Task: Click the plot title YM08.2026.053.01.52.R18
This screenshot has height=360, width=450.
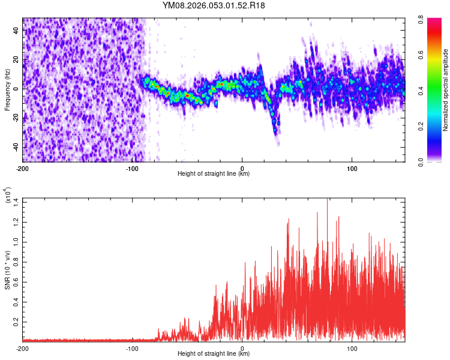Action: point(214,5)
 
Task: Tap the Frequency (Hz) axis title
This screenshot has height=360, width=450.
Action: point(7,90)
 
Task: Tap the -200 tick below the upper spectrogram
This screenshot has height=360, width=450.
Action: point(23,168)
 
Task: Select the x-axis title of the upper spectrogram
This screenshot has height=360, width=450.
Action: point(214,174)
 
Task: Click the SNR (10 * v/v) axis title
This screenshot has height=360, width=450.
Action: point(7,269)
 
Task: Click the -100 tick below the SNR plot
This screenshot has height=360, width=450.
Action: point(132,348)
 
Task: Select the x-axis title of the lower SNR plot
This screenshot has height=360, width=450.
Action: point(214,354)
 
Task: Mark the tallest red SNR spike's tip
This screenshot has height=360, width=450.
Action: point(327,200)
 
